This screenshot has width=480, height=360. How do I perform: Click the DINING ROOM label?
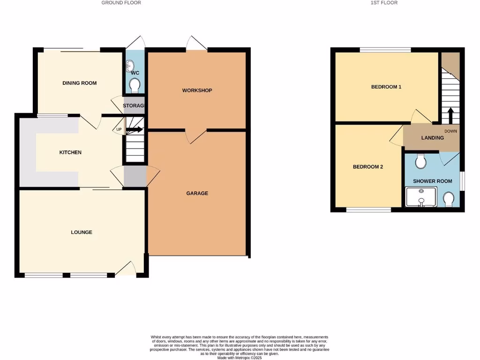tap(79, 83)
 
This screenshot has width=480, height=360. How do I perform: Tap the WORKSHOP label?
tap(197, 90)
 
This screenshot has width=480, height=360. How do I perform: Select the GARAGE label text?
tap(197, 193)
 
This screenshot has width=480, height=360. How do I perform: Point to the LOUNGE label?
tap(82, 232)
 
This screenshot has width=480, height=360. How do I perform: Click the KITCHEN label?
tap(70, 152)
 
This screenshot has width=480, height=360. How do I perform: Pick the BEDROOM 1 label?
tap(386, 87)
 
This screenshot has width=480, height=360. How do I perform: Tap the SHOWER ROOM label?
tap(432, 181)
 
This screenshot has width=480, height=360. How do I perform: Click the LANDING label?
tap(432, 138)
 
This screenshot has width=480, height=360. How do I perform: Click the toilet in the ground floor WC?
tap(135, 85)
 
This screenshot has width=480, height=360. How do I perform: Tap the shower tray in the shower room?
tap(420, 197)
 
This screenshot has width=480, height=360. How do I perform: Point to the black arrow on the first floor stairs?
tap(450, 114)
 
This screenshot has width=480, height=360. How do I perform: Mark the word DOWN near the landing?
tap(450, 132)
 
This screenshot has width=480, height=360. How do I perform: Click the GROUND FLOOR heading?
tap(121, 3)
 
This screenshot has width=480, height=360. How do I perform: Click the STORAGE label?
tap(133, 106)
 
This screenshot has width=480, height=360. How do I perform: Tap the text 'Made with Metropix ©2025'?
tap(240, 358)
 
